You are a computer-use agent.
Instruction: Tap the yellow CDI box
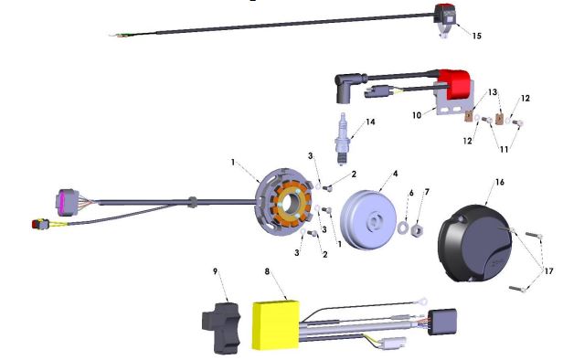pos(276,325)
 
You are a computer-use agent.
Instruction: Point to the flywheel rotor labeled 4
pos(368,219)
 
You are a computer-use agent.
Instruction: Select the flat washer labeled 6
pos(403,227)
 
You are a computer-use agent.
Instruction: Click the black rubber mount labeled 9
pos(221,328)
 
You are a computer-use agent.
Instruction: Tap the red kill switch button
pos(445,7)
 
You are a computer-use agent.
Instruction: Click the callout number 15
pos(476,36)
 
